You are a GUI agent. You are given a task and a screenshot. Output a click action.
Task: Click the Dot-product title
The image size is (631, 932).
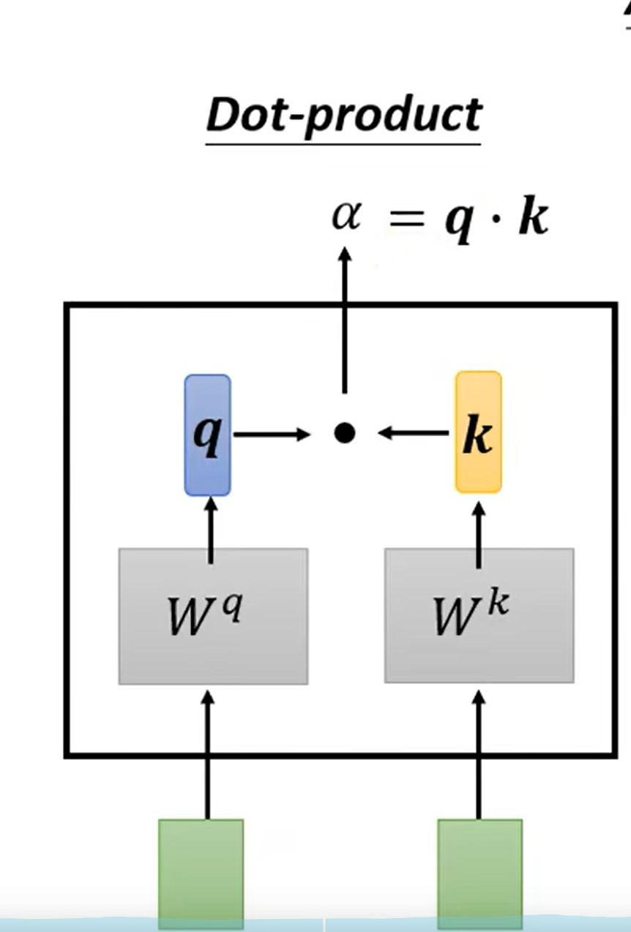343,116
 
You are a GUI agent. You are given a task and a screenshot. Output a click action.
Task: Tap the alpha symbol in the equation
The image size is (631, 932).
346,217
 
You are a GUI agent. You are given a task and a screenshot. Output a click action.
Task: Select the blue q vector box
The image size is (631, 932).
208,435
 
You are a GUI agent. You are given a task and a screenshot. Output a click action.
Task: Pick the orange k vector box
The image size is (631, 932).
479,432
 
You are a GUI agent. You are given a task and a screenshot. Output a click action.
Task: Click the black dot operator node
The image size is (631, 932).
344,434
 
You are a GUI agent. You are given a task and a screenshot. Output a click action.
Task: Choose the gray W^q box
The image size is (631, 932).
213,616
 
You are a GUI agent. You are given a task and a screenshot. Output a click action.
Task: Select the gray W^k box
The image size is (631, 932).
479,616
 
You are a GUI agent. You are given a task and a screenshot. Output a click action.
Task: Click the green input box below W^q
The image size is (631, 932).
201,871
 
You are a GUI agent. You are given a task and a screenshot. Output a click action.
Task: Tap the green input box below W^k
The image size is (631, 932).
480,871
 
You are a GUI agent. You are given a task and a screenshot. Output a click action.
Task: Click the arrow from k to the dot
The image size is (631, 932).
414,434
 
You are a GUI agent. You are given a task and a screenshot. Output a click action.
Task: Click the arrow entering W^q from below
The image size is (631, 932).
208,754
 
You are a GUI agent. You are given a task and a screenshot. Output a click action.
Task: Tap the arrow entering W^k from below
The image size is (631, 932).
479,754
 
